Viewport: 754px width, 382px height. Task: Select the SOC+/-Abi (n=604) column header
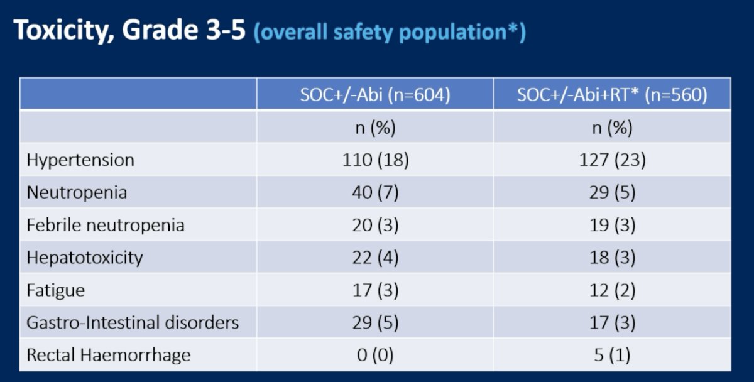[375, 95]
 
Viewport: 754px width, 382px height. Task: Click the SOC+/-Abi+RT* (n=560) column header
[612, 95]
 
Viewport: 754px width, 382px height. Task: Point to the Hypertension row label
[80, 160]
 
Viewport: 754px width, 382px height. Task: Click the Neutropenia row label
[77, 192]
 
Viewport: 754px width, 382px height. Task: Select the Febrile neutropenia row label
[106, 225]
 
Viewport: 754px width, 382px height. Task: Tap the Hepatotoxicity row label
[84, 258]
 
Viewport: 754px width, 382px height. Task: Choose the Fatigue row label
[55, 290]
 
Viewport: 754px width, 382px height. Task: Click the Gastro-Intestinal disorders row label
[133, 322]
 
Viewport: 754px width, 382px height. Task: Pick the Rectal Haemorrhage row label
[108, 355]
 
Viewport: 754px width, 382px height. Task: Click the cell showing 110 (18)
[375, 160]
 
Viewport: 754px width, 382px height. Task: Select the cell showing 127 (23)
[612, 160]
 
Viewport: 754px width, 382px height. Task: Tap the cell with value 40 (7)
[375, 192]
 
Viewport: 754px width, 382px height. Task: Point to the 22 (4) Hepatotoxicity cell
[375, 258]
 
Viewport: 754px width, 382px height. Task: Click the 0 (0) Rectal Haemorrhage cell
[375, 355]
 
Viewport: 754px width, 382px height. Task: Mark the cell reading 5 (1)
[612, 355]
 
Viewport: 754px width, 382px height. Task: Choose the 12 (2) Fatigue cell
[612, 290]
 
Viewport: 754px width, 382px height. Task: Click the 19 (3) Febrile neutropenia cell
[612, 225]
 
